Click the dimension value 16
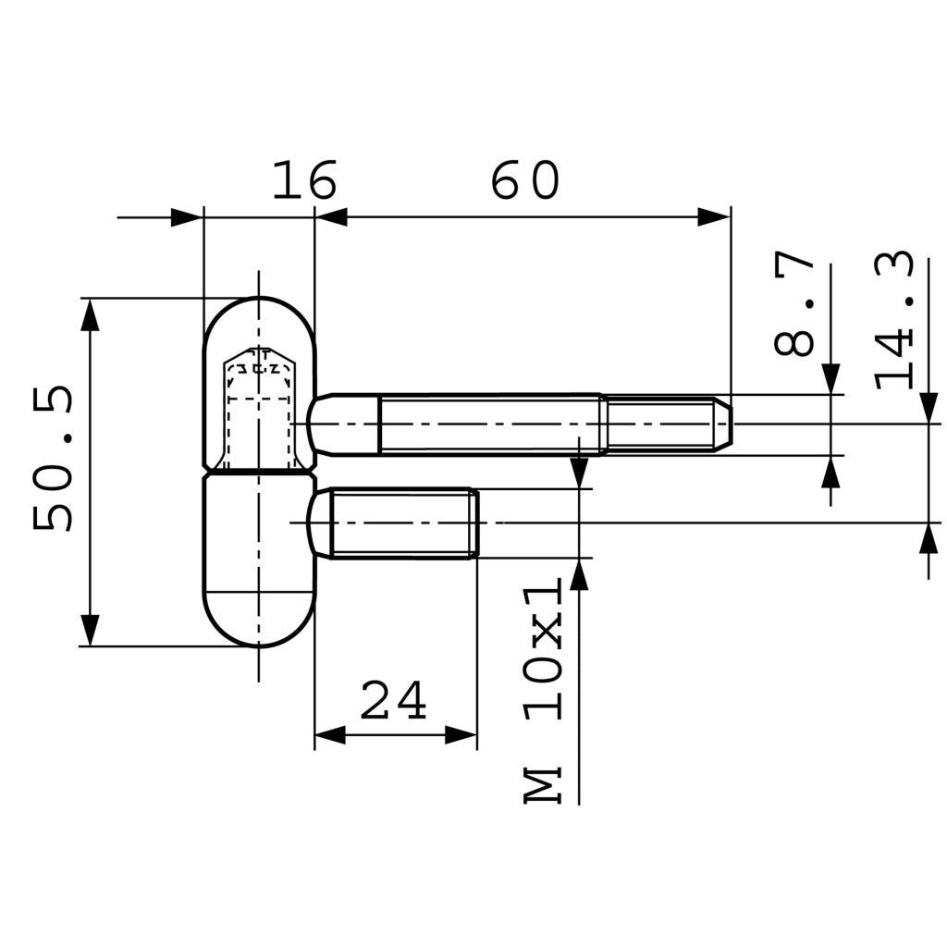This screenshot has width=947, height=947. [x=303, y=181]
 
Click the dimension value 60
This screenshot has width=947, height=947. [x=525, y=181]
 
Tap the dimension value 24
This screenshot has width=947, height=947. [x=394, y=701]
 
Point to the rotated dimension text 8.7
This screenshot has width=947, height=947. [x=795, y=304]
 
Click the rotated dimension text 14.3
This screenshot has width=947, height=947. [x=895, y=320]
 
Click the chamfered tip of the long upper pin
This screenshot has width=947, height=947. [x=723, y=424]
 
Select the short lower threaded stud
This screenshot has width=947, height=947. [x=402, y=523]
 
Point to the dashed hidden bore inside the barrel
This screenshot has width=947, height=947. [x=259, y=407]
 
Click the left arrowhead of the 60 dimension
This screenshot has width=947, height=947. [x=332, y=217]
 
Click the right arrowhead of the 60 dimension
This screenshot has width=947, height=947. [x=714, y=217]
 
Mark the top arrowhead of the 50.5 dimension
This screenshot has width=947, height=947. [x=90, y=314]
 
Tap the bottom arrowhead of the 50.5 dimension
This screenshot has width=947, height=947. [x=90, y=630]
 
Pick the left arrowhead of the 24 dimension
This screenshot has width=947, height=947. [x=330, y=735]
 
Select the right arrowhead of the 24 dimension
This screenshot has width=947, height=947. [x=461, y=735]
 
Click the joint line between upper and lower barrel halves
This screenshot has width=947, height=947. [x=259, y=473]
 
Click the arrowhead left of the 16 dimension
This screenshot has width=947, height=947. [x=187, y=218]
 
